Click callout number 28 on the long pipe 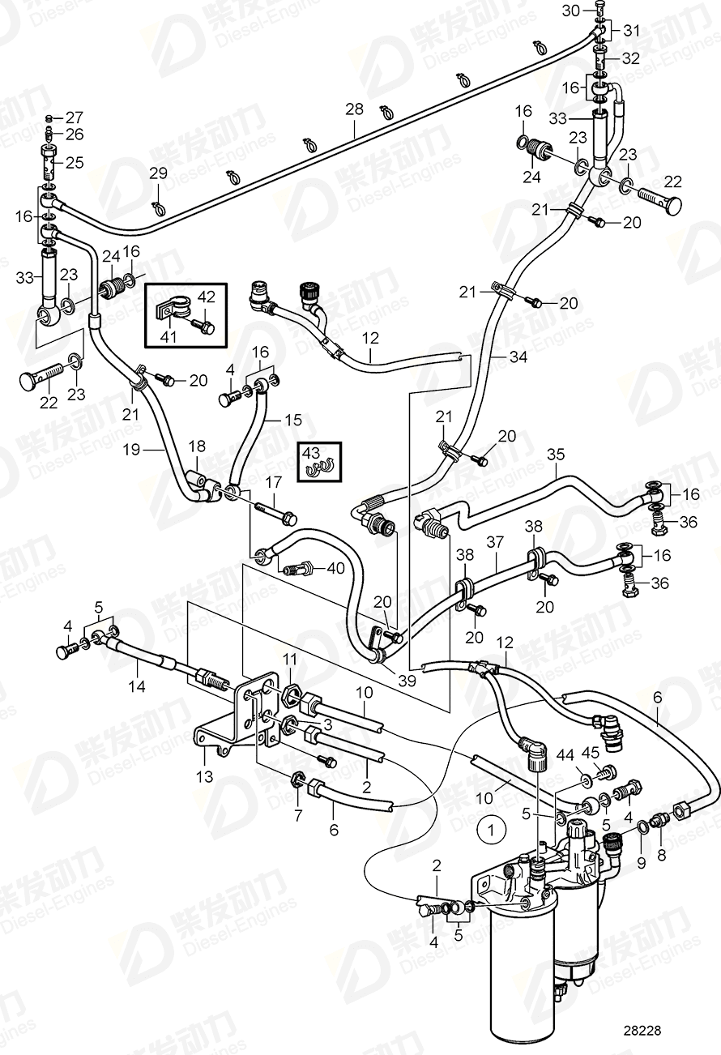[x=354, y=109]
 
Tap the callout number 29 [x=157, y=173]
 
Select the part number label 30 [x=571, y=10]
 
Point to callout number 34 [x=518, y=356]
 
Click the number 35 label [x=555, y=455]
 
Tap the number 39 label [x=407, y=681]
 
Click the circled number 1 [x=490, y=830]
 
